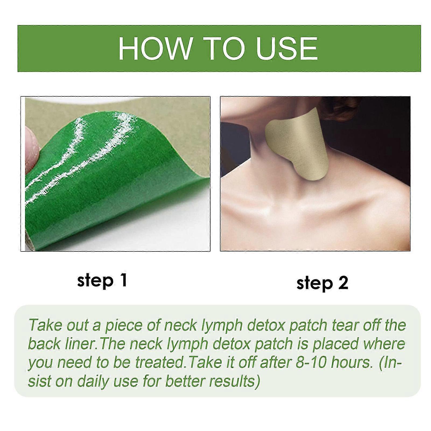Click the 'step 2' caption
tap(322, 283)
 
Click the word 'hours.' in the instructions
tap(350, 363)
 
